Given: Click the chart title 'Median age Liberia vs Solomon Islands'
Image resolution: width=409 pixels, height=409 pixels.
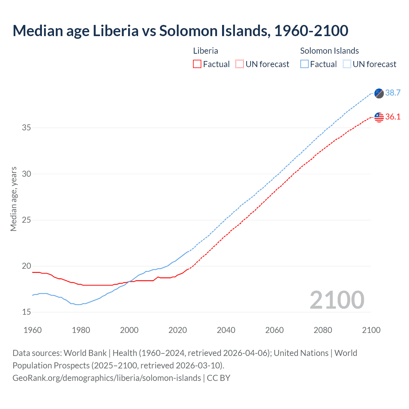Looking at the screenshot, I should pyautogui.click(x=180, y=31).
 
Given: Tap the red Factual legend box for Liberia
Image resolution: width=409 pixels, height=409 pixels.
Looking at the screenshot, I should pyautogui.click(x=197, y=64).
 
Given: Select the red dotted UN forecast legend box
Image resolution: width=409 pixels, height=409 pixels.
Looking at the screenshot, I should pyautogui.click(x=240, y=64).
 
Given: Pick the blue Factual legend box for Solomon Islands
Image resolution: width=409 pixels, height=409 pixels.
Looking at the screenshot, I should pyautogui.click(x=305, y=64).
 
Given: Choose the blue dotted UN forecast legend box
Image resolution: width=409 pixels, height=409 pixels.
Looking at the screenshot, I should pyautogui.click(x=347, y=64).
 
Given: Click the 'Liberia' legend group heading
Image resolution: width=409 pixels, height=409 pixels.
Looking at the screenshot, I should pyautogui.click(x=205, y=51).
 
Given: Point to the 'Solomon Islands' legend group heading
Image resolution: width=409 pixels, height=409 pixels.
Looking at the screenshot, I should pyautogui.click(x=329, y=51).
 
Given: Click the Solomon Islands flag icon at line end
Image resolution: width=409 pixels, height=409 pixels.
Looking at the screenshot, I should pyautogui.click(x=379, y=93).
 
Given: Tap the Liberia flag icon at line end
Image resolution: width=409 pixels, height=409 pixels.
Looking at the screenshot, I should pyautogui.click(x=379, y=117).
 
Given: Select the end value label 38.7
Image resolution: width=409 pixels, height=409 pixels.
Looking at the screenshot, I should pyautogui.click(x=393, y=93).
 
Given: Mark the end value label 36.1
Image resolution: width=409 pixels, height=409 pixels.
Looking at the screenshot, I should pyautogui.click(x=393, y=117).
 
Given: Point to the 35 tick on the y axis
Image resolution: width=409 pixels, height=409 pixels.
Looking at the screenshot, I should pyautogui.click(x=27, y=128).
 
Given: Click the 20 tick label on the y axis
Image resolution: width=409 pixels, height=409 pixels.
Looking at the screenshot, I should pyautogui.click(x=27, y=266).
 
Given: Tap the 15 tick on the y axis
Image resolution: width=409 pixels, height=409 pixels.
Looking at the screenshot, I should pyautogui.click(x=27, y=312).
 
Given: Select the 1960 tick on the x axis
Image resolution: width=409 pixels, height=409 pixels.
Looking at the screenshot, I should pyautogui.click(x=33, y=330).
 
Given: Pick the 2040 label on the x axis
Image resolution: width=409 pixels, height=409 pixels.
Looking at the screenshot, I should pyautogui.click(x=226, y=330).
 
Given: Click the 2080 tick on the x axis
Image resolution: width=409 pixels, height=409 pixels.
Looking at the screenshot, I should pyautogui.click(x=323, y=330).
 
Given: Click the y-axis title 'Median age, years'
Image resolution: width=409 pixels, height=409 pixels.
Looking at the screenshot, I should pyautogui.click(x=13, y=199).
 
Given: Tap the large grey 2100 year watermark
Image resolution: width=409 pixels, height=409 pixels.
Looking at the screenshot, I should pyautogui.click(x=337, y=300).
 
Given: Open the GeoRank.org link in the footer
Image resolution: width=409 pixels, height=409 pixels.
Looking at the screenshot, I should pyautogui.click(x=107, y=378).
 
